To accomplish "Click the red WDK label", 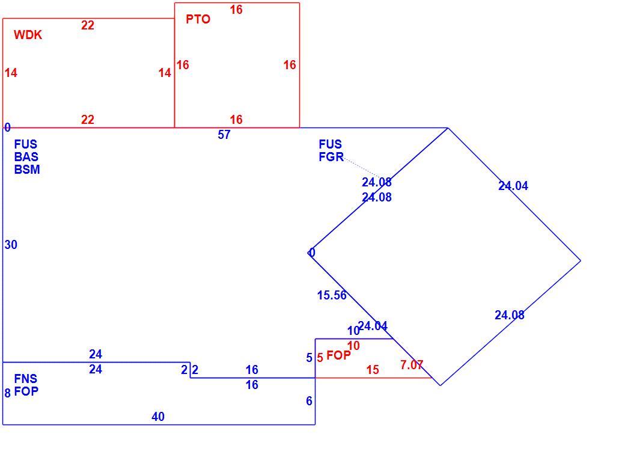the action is pyautogui.click(x=28, y=35).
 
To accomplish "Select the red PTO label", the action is pyautogui.click(x=198, y=19).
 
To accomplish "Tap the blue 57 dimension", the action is pyautogui.click(x=224, y=135).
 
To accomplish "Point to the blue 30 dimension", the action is pyautogui.click(x=11, y=245).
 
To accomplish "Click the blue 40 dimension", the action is pyautogui.click(x=158, y=417).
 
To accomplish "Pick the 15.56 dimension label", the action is pyautogui.click(x=332, y=295).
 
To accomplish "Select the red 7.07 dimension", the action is pyautogui.click(x=411, y=365).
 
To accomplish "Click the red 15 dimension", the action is pyautogui.click(x=372, y=370).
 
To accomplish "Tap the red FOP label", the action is pyautogui.click(x=338, y=355).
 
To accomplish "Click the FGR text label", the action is pyautogui.click(x=331, y=157).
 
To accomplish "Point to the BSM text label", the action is pyautogui.click(x=27, y=170).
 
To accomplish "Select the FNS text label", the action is pyautogui.click(x=26, y=379).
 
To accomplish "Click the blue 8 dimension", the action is pyautogui.click(x=7, y=393).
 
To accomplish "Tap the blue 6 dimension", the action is pyautogui.click(x=309, y=401).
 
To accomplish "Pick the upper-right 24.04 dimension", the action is pyautogui.click(x=513, y=186).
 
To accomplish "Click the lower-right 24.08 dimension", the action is pyautogui.click(x=509, y=315).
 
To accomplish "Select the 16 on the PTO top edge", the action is pyautogui.click(x=236, y=10).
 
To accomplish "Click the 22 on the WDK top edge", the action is pyautogui.click(x=88, y=25).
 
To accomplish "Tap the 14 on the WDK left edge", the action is pyautogui.click(x=11, y=73).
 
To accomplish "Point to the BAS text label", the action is pyautogui.click(x=26, y=157).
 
